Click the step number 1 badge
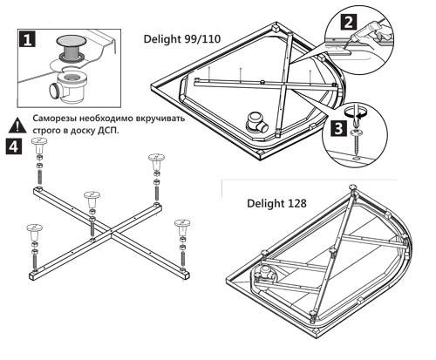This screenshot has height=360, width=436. click(x=26, y=39)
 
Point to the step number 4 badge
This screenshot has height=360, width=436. click(x=15, y=146)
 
